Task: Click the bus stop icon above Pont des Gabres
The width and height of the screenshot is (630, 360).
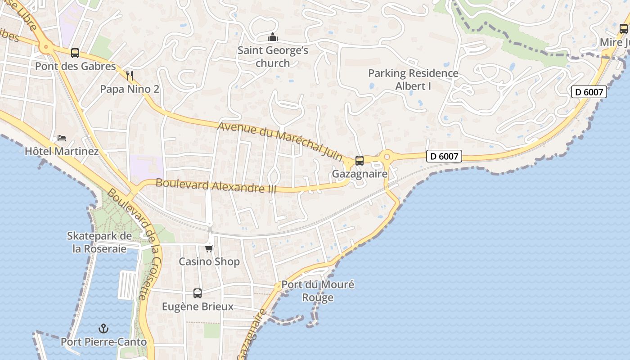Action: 75,53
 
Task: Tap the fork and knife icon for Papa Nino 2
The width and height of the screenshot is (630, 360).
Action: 130,75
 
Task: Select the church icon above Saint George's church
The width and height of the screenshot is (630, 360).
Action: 273,37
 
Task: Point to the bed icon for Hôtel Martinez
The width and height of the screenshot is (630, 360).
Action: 62,137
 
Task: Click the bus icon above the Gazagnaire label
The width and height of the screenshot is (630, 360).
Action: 359,160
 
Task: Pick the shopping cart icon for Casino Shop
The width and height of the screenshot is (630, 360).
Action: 209,248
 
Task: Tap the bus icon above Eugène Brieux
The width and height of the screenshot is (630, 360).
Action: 198,293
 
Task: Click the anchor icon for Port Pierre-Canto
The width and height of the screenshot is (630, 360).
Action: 103,328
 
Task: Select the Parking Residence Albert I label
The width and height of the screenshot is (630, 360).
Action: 413,79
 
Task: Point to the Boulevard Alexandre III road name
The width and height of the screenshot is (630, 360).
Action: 216,186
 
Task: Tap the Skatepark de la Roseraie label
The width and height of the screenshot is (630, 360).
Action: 99,242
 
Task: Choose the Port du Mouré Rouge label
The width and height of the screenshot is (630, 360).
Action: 318,291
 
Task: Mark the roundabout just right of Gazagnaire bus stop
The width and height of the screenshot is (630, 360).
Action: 387,157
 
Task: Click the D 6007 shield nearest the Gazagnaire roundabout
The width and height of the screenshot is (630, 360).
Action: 444,156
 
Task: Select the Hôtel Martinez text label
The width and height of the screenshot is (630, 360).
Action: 62,151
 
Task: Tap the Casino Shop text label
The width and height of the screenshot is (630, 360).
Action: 209,261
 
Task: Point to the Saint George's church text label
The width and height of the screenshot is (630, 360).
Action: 273,56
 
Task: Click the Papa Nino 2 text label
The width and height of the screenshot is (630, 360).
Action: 130,89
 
